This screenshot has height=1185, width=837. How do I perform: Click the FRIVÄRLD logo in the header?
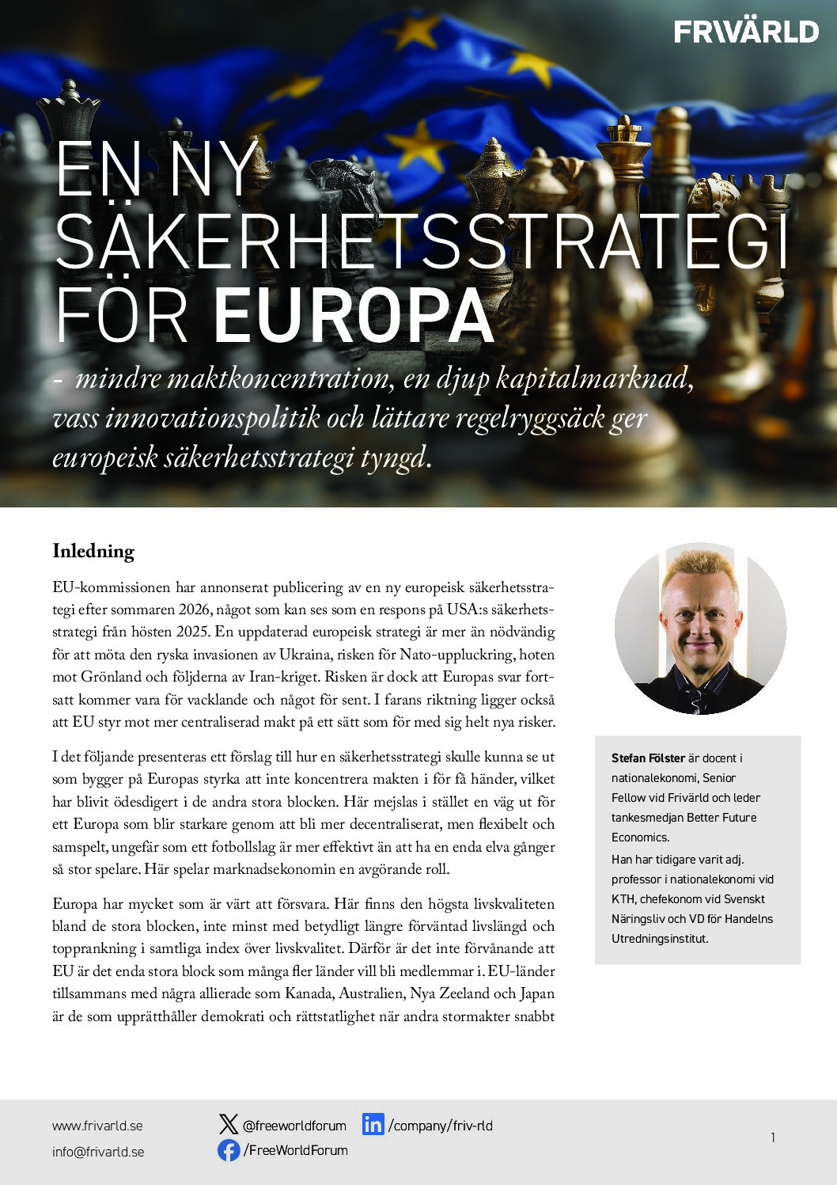point(746,32)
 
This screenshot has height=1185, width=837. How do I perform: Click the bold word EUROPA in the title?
point(354,316)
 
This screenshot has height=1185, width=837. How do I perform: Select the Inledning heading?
point(93,551)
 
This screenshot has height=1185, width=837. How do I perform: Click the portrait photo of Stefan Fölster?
point(700,629)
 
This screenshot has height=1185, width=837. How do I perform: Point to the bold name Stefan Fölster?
point(648,758)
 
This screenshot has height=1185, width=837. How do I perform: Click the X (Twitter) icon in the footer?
point(228,1124)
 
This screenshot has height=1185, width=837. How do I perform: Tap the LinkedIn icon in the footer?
point(373,1124)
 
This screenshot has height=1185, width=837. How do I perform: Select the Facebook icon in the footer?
point(229,1150)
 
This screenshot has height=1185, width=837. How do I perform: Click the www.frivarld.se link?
point(97,1126)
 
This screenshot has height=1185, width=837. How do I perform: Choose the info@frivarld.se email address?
point(98,1152)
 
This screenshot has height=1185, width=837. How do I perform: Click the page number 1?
point(772,1138)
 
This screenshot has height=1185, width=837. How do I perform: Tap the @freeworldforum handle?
point(294,1126)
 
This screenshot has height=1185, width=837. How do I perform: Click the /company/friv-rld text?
point(440,1126)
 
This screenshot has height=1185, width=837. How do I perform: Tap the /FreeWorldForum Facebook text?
point(296,1150)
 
